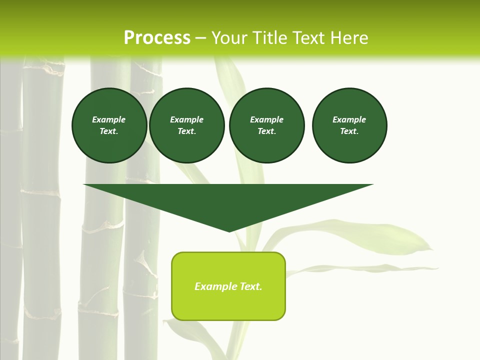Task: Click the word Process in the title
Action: point(157,38)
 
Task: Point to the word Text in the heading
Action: point(309,38)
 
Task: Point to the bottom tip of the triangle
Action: point(229,231)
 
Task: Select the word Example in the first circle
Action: point(109,119)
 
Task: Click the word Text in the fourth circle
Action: point(349,131)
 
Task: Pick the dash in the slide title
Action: point(200,38)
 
